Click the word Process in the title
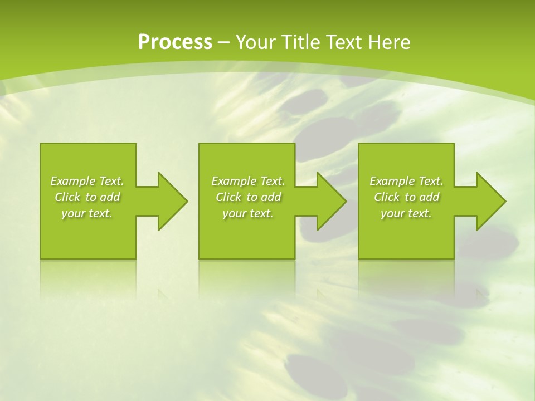tap(175, 42)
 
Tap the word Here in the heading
tap(390, 42)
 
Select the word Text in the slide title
tap(345, 42)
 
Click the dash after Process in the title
tap(224, 42)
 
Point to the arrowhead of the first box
tap(173, 201)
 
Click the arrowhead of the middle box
tap(332, 201)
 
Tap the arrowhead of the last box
tap(491, 201)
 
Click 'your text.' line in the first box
tap(87, 213)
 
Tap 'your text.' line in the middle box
tap(248, 213)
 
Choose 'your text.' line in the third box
tap(406, 213)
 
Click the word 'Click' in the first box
tap(67, 197)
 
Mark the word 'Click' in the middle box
tap(228, 197)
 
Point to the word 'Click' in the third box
tap(387, 197)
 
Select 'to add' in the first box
tap(103, 197)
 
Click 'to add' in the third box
tap(422, 197)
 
